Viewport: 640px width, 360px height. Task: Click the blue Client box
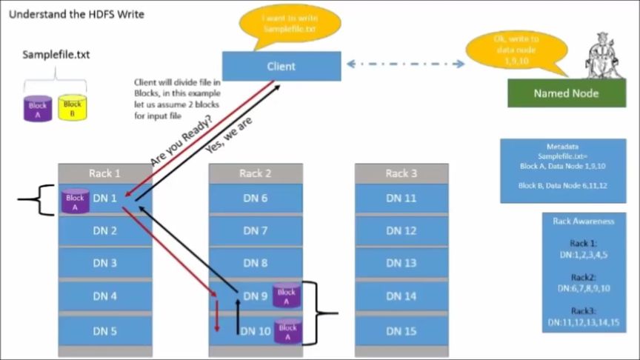click(x=281, y=66)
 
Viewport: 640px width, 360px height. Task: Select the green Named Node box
click(x=566, y=93)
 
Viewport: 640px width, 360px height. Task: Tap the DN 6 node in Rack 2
click(x=256, y=198)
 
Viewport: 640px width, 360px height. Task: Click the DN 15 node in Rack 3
click(x=401, y=331)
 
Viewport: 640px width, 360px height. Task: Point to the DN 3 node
click(x=105, y=263)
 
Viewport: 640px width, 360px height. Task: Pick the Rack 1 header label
click(x=105, y=173)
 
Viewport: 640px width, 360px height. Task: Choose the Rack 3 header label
click(x=401, y=173)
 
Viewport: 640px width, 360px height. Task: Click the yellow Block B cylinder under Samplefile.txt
click(x=72, y=109)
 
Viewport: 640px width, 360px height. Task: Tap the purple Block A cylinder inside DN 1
click(x=75, y=201)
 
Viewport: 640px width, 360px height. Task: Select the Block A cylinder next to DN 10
click(x=287, y=331)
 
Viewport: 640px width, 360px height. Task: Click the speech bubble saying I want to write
click(x=290, y=23)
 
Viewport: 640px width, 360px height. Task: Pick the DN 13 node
click(x=401, y=263)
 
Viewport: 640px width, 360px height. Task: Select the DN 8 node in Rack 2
click(x=256, y=263)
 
